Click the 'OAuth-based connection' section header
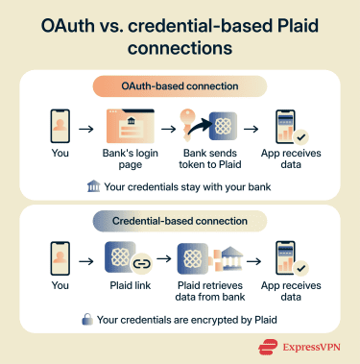click(x=180, y=86)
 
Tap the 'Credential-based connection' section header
click(x=180, y=221)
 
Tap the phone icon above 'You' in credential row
click(x=60, y=260)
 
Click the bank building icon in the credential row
click(x=228, y=259)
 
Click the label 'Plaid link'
click(x=131, y=286)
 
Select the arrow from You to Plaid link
click(x=88, y=260)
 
